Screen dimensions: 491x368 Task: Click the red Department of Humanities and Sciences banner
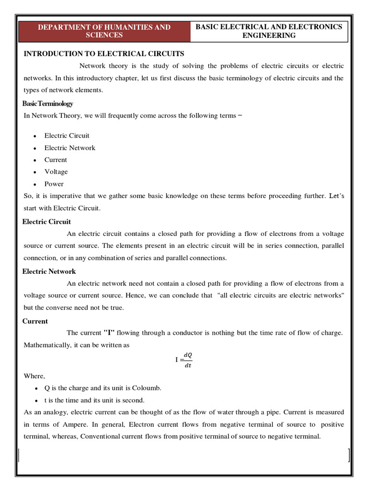pyautogui.click(x=104, y=31)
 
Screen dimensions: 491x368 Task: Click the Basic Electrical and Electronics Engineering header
pyautogui.click(x=269, y=31)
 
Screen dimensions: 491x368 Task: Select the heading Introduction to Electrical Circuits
pyautogui.click(x=104, y=54)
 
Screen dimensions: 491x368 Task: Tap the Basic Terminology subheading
pyautogui.click(x=48, y=104)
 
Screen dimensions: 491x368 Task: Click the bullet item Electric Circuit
pyautogui.click(x=67, y=136)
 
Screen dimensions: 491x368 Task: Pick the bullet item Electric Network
pyautogui.click(x=69, y=148)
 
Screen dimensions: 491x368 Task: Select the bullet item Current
pyautogui.click(x=56, y=160)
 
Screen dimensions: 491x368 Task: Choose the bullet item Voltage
pyautogui.click(x=56, y=172)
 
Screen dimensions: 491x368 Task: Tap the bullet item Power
pyautogui.click(x=54, y=184)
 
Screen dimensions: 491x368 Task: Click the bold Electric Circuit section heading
pyautogui.click(x=46, y=222)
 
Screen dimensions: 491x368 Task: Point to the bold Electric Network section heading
pyautogui.click(x=49, y=271)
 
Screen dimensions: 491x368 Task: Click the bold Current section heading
pyautogui.click(x=35, y=321)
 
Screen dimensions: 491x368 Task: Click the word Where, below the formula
pyautogui.click(x=34, y=376)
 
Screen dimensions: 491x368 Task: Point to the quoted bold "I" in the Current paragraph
pyautogui.click(x=109, y=333)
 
